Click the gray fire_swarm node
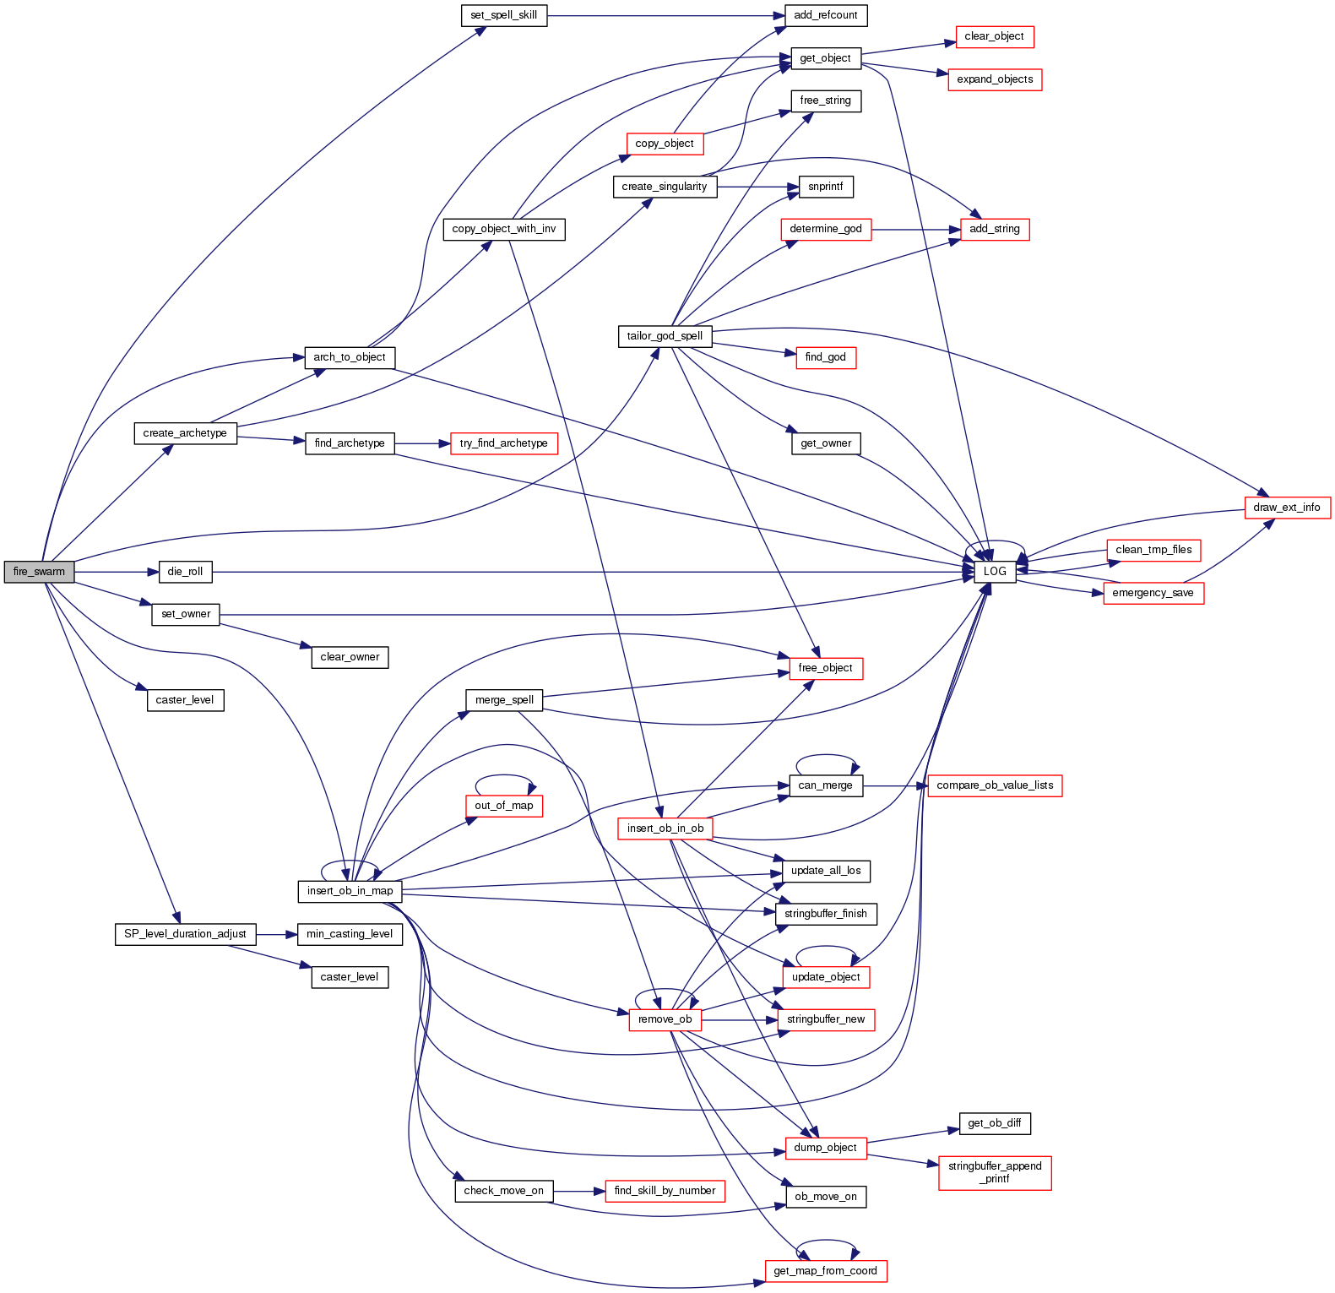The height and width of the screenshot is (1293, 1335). pyautogui.click(x=39, y=572)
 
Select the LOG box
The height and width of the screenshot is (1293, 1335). pyautogui.click(x=995, y=572)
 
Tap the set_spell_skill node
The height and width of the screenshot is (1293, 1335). pyautogui.click(x=504, y=15)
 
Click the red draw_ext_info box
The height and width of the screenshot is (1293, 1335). pyautogui.click(x=1287, y=508)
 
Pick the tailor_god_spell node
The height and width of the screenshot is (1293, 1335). pyautogui.click(x=665, y=336)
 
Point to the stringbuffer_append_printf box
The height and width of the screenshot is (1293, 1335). pyautogui.click(x=995, y=1172)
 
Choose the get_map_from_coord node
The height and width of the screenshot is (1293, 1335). pyautogui.click(x=825, y=1271)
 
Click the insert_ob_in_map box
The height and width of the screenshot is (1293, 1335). pyautogui.click(x=350, y=891)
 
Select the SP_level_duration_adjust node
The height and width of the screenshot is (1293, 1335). pyautogui.click(x=185, y=934)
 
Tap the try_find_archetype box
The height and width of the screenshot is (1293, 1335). pyautogui.click(x=503, y=443)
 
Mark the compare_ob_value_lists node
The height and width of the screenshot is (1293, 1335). pyautogui.click(x=995, y=785)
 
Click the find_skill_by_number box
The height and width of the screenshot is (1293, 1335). pyautogui.click(x=665, y=1191)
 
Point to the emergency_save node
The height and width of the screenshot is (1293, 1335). pyautogui.click(x=1153, y=593)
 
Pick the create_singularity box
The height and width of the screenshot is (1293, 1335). pyautogui.click(x=665, y=187)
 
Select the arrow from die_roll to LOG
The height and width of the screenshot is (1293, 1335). pyautogui.click(x=591, y=572)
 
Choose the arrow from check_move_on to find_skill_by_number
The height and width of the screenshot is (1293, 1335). pyautogui.click(x=579, y=1191)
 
